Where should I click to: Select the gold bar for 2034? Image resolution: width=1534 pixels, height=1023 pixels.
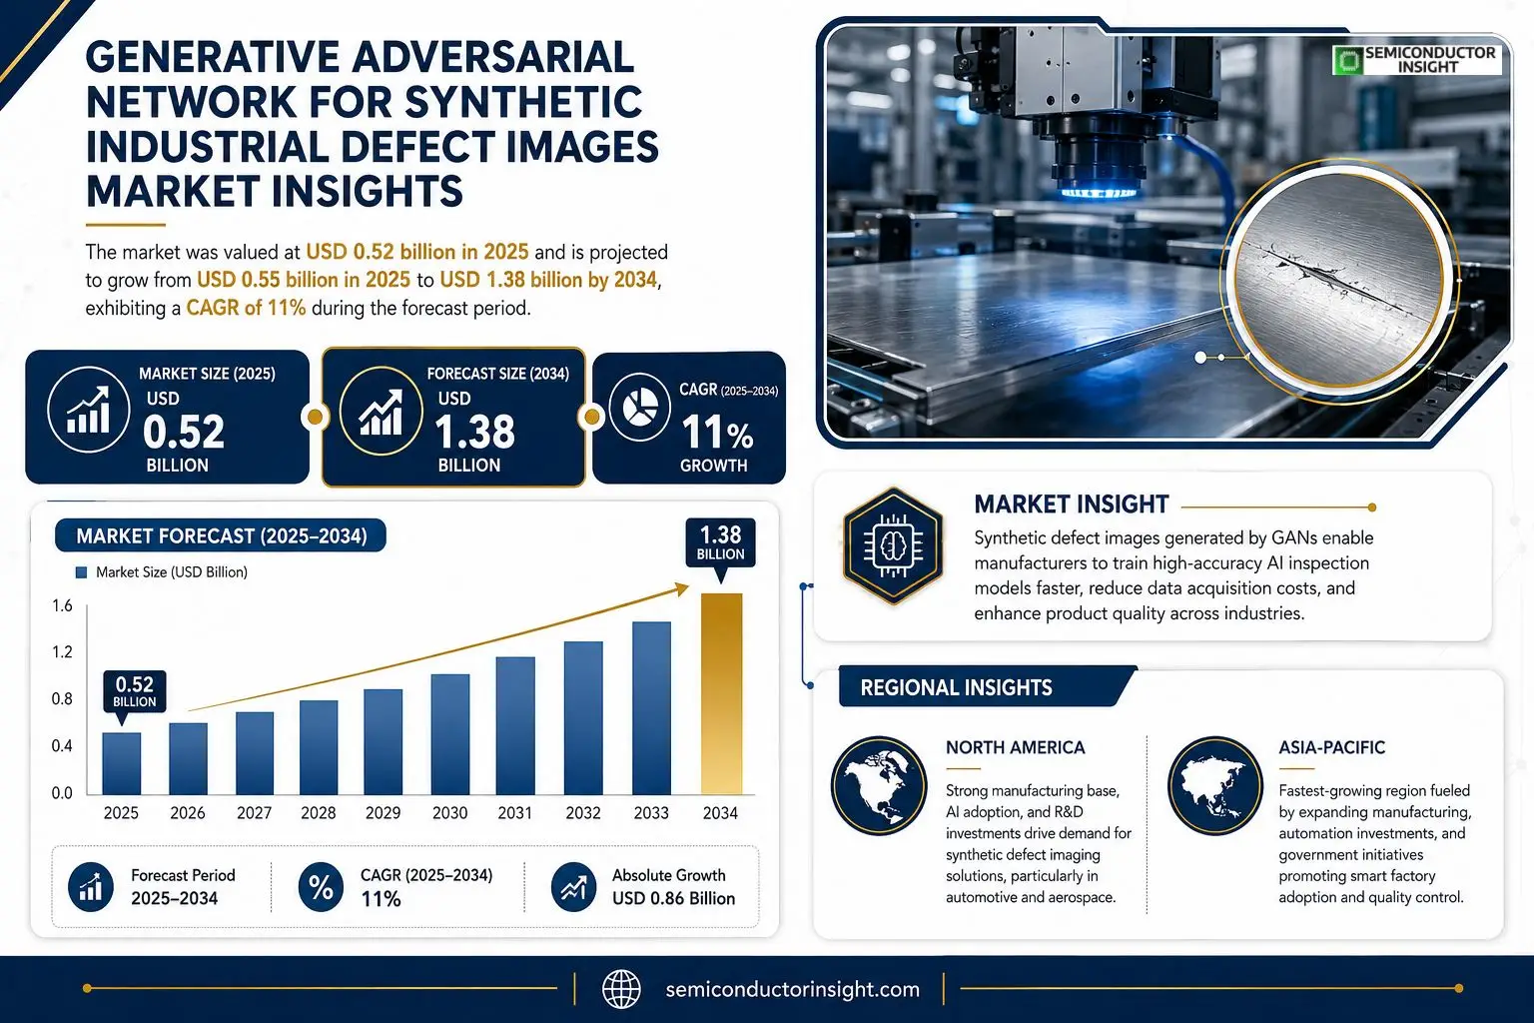pyautogui.click(x=721, y=693)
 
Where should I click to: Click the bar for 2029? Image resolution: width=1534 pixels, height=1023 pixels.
pyautogui.click(x=383, y=741)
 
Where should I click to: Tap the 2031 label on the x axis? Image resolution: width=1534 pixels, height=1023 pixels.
pyautogui.click(x=515, y=813)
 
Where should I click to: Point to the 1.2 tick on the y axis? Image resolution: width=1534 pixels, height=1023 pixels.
pyautogui.click(x=62, y=651)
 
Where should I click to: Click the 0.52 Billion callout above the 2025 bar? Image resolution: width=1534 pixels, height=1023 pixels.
pyautogui.click(x=135, y=691)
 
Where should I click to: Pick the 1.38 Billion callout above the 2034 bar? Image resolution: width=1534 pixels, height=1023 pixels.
pyautogui.click(x=720, y=542)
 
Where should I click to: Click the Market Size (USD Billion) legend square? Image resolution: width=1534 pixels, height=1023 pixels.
pyautogui.click(x=82, y=572)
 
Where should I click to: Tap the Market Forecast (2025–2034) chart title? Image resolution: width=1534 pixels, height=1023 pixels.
pyautogui.click(x=221, y=535)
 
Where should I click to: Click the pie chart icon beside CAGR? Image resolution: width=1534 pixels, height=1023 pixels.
pyautogui.click(x=639, y=407)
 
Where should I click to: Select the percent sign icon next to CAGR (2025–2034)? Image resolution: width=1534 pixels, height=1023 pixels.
pyautogui.click(x=321, y=887)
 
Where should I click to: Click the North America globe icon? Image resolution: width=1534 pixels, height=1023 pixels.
pyautogui.click(x=879, y=785)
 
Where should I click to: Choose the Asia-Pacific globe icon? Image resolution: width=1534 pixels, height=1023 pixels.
pyautogui.click(x=1214, y=785)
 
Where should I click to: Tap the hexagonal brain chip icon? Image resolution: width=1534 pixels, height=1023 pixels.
pyautogui.click(x=893, y=546)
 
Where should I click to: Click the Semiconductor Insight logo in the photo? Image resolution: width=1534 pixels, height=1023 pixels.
pyautogui.click(x=1417, y=60)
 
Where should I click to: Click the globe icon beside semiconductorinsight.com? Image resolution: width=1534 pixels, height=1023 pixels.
pyautogui.click(x=621, y=989)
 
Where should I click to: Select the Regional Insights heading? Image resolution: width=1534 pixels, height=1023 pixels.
pyautogui.click(x=956, y=688)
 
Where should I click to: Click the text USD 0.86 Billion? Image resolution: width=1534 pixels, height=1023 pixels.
pyautogui.click(x=673, y=898)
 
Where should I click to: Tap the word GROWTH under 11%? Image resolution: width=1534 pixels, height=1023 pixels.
pyautogui.click(x=714, y=466)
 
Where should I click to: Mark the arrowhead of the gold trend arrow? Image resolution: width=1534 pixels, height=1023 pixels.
pyautogui.click(x=682, y=588)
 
